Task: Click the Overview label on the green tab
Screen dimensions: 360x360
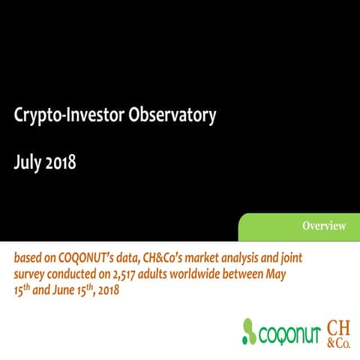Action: click(x=324, y=226)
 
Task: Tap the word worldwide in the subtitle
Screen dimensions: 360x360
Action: click(x=194, y=274)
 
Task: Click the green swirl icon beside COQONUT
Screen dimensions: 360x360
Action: click(x=250, y=331)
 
